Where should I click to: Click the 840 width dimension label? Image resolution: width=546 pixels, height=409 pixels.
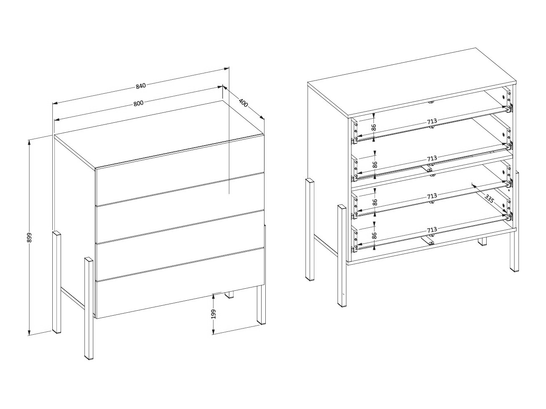(x=140, y=86)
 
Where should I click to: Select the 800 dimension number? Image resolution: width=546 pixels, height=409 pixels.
(x=139, y=103)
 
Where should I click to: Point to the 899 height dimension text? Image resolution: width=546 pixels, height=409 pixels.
(x=29, y=238)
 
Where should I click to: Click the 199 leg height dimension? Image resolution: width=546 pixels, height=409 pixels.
(x=213, y=314)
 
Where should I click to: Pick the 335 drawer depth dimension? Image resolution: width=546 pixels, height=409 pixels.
(x=489, y=199)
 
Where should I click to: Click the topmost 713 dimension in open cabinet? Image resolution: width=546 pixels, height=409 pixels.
(x=432, y=121)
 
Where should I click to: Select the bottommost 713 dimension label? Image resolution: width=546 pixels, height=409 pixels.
(x=432, y=230)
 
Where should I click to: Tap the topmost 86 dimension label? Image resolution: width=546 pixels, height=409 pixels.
(x=374, y=128)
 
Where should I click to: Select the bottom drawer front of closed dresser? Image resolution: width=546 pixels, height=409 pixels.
(x=180, y=283)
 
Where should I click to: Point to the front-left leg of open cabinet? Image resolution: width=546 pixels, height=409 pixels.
(x=342, y=256)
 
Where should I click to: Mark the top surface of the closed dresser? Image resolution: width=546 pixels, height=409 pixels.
(x=159, y=134)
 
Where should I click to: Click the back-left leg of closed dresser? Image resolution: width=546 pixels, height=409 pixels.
(x=56, y=282)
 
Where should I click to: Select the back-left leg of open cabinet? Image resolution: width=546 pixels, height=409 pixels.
(x=310, y=230)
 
